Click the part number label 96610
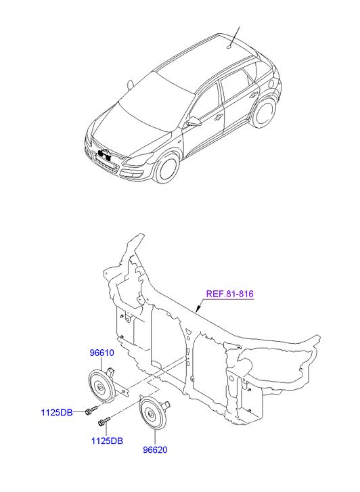click(102, 353)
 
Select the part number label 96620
click(155, 450)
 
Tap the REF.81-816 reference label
click(230, 294)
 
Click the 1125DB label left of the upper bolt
click(57, 412)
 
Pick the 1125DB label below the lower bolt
click(107, 441)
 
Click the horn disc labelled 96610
click(101, 386)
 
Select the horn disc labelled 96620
click(152, 413)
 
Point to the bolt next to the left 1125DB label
click(91, 410)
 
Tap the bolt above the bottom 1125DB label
click(104, 422)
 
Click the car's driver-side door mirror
click(194, 121)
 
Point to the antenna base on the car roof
click(229, 47)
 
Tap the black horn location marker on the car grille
click(105, 154)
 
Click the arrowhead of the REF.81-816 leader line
click(198, 309)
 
